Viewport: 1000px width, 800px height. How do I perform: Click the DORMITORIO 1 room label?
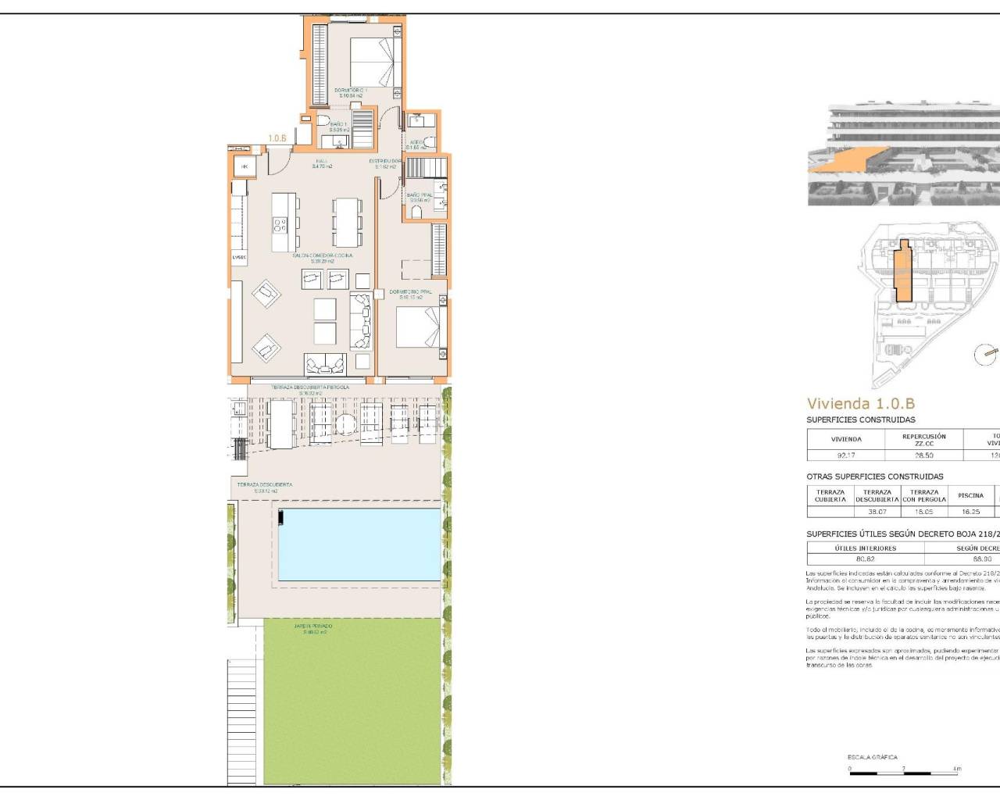pos(350,91)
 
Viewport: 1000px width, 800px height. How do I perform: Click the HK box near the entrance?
pos(244,166)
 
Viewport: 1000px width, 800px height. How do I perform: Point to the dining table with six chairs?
pos(347,222)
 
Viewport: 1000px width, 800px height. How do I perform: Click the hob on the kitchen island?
pos(280,225)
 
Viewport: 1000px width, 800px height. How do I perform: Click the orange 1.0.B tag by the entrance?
pos(277,138)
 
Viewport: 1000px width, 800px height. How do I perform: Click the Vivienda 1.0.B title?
pos(860,404)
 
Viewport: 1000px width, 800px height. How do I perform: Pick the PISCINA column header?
pos(970,495)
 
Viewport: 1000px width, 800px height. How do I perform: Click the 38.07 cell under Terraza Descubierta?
pos(877,512)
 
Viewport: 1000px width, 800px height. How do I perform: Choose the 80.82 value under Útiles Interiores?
pos(865,559)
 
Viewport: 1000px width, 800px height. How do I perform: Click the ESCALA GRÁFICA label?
pos(872,757)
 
